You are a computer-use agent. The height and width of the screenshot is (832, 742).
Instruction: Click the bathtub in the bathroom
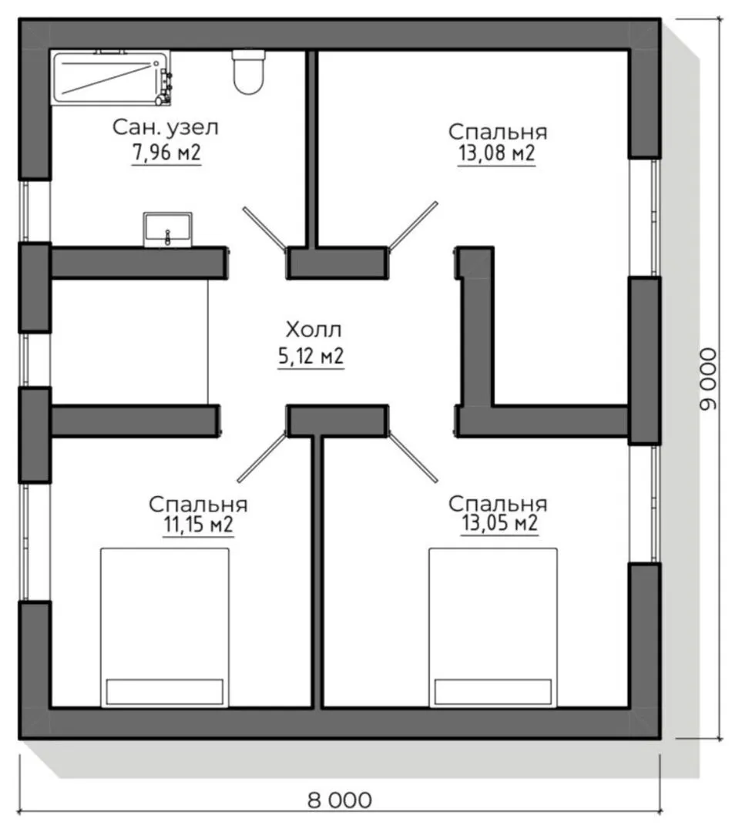tap(111, 78)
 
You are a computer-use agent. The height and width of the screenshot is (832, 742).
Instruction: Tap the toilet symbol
tap(248, 72)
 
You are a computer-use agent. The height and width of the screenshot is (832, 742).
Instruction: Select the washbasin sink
tap(168, 230)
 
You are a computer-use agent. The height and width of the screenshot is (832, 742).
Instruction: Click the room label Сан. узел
tap(166, 128)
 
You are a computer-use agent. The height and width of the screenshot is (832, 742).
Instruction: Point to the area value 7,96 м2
tap(166, 153)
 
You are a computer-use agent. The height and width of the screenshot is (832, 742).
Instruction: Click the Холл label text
tap(313, 330)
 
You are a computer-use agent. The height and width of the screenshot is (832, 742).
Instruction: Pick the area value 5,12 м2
tap(311, 355)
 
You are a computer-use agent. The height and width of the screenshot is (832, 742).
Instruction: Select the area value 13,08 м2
tap(497, 153)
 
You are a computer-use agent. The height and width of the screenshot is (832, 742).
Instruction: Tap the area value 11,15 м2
tap(199, 525)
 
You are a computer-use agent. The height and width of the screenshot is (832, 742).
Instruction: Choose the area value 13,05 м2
tap(499, 523)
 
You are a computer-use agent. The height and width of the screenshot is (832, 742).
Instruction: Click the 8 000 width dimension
tap(340, 800)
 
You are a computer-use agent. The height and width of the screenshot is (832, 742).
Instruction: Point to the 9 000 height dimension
tap(707, 379)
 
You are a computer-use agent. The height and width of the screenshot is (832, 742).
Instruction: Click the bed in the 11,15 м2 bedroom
tap(165, 628)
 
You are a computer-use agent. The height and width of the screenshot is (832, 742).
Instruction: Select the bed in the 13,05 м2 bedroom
tap(493, 628)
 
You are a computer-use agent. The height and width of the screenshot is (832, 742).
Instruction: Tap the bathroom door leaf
tap(265, 228)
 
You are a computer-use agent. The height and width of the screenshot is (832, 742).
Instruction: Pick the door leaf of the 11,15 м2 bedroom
tap(262, 458)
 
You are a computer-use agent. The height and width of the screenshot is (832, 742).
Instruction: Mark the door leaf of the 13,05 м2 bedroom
tap(413, 458)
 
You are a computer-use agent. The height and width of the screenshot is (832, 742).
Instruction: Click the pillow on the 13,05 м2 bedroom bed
tap(493, 692)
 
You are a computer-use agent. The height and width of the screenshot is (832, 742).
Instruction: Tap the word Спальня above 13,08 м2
tap(497, 133)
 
